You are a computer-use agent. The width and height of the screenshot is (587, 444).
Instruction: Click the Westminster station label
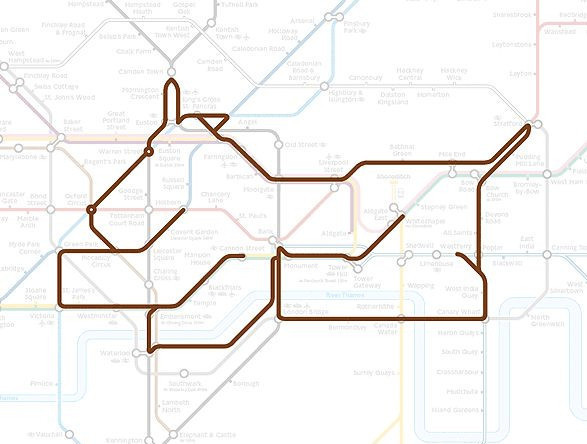[x=97, y=316]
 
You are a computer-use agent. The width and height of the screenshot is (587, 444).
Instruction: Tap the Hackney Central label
[x=410, y=73]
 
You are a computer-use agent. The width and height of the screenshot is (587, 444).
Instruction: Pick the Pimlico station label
[x=41, y=383]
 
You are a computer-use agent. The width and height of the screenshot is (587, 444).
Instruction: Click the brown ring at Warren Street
[x=149, y=152]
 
